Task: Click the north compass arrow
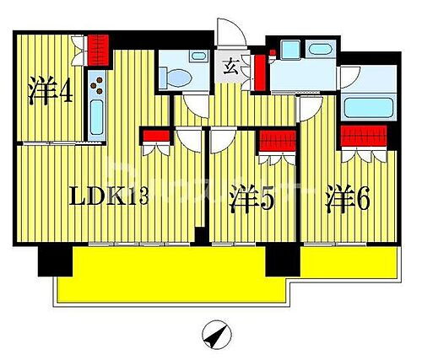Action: click(x=216, y=337)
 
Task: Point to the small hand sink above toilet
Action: click(x=198, y=56)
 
